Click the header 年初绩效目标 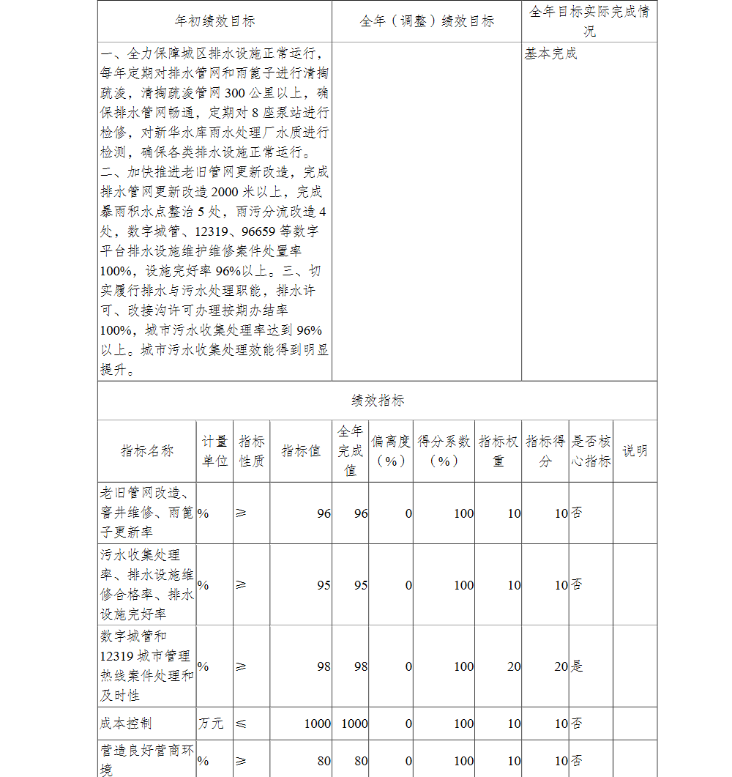point(215,21)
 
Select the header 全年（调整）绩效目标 point(427,21)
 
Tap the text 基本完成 point(550,54)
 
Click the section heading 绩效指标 point(377,401)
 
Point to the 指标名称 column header point(147,451)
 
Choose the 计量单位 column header point(214,451)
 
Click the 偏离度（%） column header point(391,451)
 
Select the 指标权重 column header point(498,451)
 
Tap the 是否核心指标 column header point(591,451)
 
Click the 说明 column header point(635,451)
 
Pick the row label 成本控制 point(125,724)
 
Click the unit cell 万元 point(211,724)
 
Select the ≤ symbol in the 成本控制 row point(242,724)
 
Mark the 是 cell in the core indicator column point(577,666)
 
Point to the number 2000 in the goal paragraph point(228,193)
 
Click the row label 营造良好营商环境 point(146,759)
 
